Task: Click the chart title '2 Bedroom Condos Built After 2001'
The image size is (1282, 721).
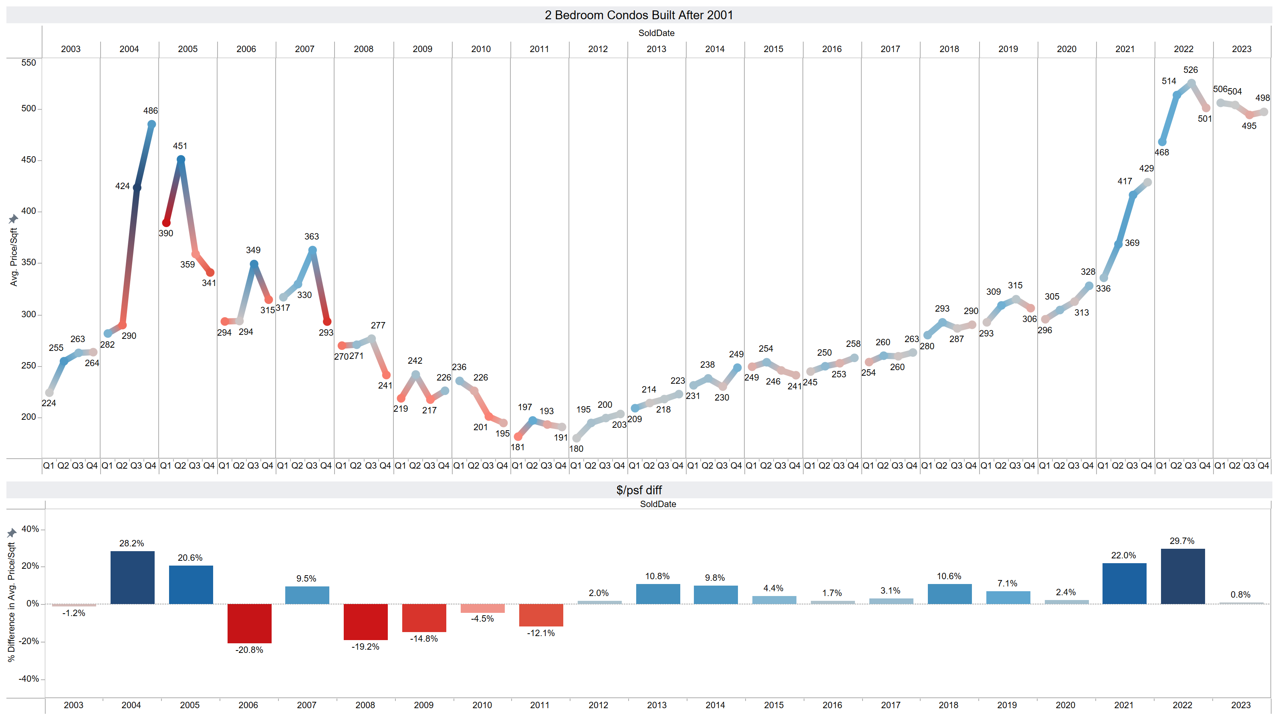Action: tap(639, 15)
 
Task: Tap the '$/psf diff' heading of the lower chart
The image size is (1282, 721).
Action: tap(639, 490)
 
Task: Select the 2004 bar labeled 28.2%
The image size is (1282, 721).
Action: tap(132, 577)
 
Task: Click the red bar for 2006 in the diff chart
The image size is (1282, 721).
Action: tap(249, 623)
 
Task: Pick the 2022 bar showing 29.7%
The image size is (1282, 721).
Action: tap(1183, 576)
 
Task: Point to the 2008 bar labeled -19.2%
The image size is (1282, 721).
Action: tap(365, 622)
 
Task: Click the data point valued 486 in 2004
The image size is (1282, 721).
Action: tap(152, 125)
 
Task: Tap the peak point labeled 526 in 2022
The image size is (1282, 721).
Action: tap(1191, 84)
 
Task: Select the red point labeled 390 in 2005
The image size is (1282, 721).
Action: tap(166, 223)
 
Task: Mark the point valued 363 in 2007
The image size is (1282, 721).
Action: tap(312, 250)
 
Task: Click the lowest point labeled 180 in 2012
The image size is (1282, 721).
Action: tap(576, 438)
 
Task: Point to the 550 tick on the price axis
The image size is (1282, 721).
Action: tap(28, 63)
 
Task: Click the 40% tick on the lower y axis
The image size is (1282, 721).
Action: tap(30, 529)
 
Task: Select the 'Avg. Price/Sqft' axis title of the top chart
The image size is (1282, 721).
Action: tap(14, 256)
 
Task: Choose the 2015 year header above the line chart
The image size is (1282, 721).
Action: tap(773, 49)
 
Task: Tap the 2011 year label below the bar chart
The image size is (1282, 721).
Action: tap(540, 705)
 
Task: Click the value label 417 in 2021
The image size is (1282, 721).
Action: tap(1124, 181)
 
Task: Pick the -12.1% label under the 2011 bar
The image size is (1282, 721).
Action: tap(540, 633)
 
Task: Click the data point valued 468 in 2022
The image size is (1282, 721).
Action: tap(1162, 142)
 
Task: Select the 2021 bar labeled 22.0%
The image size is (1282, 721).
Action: tap(1124, 584)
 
